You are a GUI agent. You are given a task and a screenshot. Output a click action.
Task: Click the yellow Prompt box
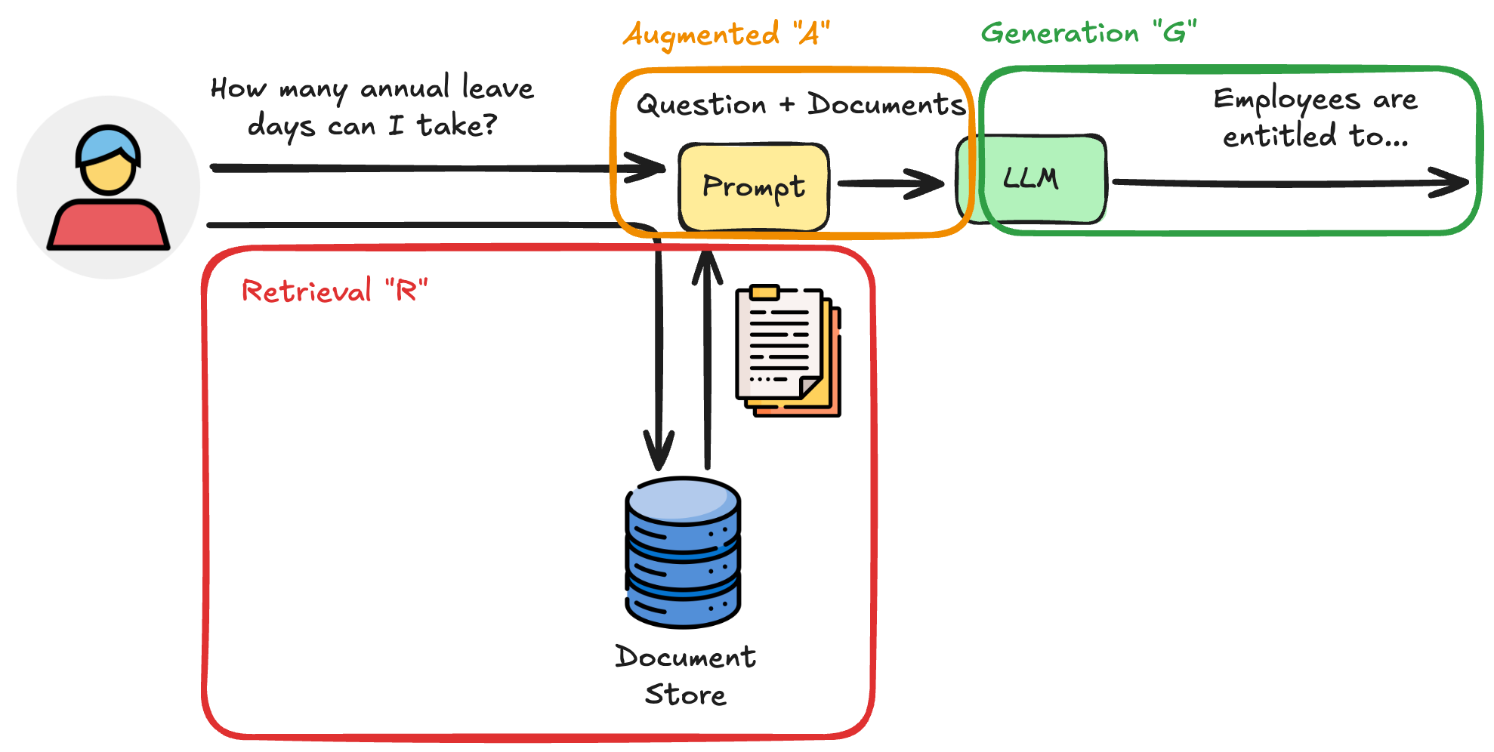point(754,186)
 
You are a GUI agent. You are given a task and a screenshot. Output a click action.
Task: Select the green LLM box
point(1032,180)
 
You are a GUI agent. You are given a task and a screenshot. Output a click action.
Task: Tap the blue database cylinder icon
point(683,553)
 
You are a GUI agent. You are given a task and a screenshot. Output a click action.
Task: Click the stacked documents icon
point(788,350)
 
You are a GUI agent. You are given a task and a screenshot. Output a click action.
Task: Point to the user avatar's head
point(109,160)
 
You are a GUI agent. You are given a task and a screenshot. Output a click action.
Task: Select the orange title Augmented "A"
point(726,35)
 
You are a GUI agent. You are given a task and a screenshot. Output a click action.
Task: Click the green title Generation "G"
point(1088,33)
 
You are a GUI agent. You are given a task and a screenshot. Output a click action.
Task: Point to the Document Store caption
point(685,675)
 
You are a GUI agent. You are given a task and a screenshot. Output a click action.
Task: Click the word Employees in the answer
point(1286,100)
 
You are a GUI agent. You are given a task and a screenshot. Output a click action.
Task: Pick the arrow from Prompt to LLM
point(891,183)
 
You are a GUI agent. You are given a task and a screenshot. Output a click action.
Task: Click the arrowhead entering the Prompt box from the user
point(647,168)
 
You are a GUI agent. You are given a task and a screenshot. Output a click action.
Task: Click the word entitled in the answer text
point(1279,137)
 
